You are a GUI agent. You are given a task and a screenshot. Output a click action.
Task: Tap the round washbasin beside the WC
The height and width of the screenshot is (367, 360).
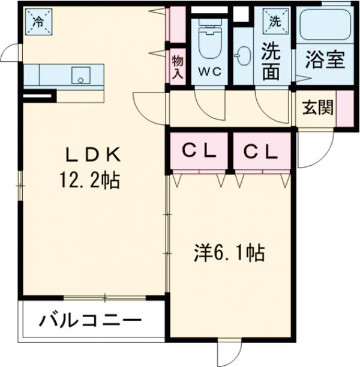(x=243, y=57)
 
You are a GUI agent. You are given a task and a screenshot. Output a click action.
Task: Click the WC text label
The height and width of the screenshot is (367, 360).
(x=209, y=71)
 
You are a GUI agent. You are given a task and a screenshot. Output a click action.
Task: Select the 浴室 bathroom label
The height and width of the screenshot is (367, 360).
(x=324, y=61)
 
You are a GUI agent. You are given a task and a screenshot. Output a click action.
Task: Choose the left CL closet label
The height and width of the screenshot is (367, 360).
(x=197, y=151)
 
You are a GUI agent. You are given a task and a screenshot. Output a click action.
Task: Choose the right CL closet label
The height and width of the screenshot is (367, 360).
(x=262, y=151)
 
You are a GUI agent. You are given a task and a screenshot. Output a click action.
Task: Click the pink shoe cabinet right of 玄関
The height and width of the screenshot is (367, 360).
(x=344, y=109)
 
